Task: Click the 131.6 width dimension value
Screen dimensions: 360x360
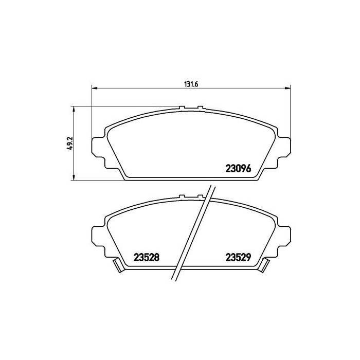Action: pos(191,84)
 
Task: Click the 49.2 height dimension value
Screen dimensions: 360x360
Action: pos(69,143)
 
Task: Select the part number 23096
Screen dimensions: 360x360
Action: pos(238,169)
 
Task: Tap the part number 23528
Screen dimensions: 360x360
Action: pos(146,257)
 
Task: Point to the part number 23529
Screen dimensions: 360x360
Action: pos(238,257)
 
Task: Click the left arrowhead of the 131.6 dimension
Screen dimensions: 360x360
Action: pos(95,88)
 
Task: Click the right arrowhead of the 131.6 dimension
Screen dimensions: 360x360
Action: pos(287,88)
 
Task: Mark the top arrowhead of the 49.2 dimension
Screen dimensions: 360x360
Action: pos(74,110)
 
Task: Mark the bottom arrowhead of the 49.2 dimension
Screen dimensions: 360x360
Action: pos(74,177)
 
